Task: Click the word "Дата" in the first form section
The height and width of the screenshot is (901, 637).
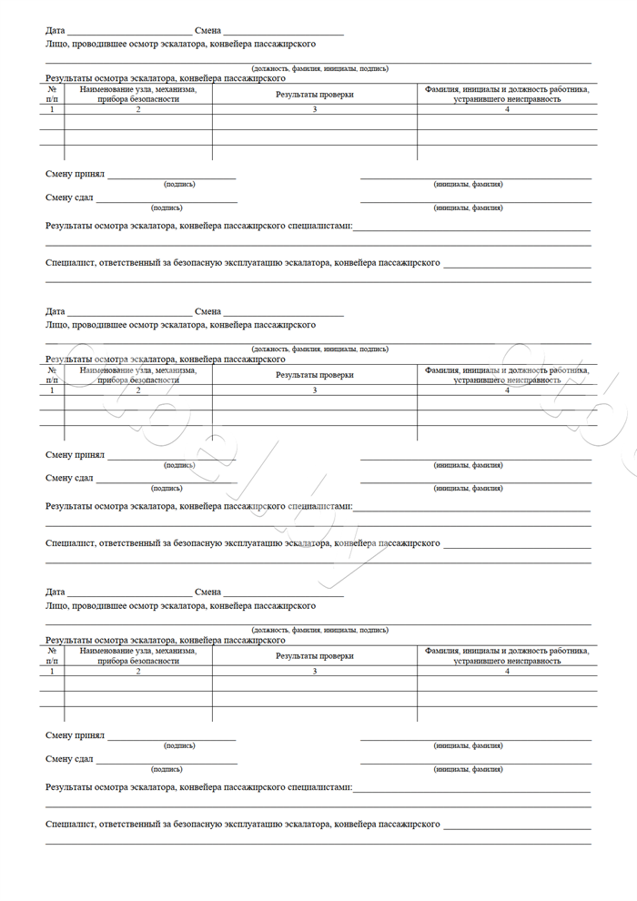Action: (x=56, y=31)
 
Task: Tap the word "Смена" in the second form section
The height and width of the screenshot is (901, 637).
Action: (x=207, y=311)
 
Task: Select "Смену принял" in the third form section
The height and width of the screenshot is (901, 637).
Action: (x=76, y=735)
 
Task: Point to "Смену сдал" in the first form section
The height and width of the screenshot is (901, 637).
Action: (x=70, y=197)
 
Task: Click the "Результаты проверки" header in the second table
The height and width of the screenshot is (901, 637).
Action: (x=315, y=375)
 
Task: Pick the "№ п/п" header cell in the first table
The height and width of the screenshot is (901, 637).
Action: (x=52, y=94)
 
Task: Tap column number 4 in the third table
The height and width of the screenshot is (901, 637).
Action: (x=507, y=671)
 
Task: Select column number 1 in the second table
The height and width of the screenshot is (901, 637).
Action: (x=52, y=390)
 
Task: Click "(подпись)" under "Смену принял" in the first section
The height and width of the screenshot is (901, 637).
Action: (x=179, y=184)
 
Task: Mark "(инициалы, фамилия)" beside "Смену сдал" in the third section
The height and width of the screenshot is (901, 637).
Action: (x=468, y=769)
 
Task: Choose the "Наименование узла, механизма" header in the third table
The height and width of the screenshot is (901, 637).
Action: (x=138, y=651)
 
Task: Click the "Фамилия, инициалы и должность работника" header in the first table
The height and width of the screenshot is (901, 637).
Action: (x=507, y=89)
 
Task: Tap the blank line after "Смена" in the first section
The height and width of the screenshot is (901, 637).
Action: (x=283, y=32)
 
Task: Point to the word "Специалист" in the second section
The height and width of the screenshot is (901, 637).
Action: (x=71, y=543)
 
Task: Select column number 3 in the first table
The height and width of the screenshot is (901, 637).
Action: (x=315, y=109)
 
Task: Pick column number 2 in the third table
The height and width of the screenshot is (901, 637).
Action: (x=138, y=671)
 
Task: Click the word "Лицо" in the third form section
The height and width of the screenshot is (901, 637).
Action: (x=56, y=605)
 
